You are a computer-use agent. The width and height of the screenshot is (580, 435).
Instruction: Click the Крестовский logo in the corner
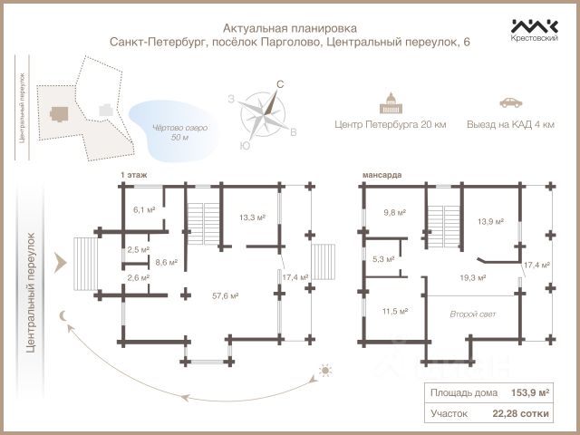(x=534, y=32)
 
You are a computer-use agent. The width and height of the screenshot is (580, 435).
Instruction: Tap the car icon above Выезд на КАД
(x=508, y=102)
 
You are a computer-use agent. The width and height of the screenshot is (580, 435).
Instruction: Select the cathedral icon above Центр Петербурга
(x=392, y=101)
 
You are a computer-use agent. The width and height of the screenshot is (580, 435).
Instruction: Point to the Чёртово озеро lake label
(x=179, y=132)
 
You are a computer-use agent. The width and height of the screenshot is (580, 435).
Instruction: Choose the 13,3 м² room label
(x=251, y=217)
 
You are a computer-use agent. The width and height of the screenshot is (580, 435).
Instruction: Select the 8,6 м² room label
(x=166, y=263)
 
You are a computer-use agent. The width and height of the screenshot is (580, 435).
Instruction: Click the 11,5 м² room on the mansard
(x=394, y=311)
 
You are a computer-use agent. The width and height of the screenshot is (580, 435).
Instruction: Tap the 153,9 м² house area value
(x=530, y=392)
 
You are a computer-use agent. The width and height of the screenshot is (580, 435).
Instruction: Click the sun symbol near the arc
(x=324, y=372)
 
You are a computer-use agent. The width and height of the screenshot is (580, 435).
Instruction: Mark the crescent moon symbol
(x=64, y=315)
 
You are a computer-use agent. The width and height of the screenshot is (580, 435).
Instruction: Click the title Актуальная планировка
(x=290, y=27)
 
